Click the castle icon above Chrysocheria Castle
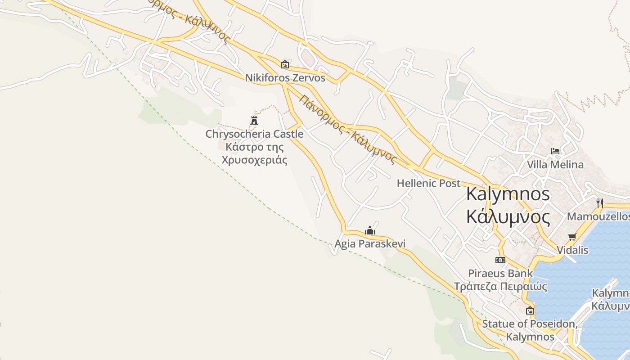click(254, 120)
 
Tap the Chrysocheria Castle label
click(254, 134)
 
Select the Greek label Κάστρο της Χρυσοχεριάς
click(254, 153)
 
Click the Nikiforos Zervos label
click(285, 78)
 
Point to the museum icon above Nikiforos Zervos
click(284, 64)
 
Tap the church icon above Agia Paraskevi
click(370, 231)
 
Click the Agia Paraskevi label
click(370, 244)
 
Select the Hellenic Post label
click(428, 183)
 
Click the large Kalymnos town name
click(508, 194)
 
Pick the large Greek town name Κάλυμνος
click(508, 217)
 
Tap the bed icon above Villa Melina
click(555, 151)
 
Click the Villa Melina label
click(555, 165)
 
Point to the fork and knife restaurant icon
click(599, 203)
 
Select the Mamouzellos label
click(598, 217)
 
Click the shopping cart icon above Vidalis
click(572, 237)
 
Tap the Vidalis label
click(572, 250)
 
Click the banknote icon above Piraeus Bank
click(500, 260)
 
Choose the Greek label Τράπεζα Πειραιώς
click(500, 286)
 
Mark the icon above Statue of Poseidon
click(530, 310)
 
